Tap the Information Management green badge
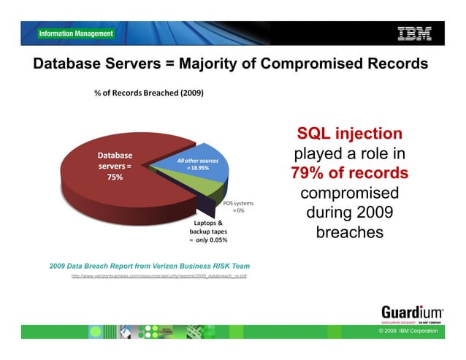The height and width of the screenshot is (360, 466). point(76,34)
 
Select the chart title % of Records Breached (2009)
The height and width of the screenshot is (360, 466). point(148,93)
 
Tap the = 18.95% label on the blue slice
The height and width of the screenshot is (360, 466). point(198,168)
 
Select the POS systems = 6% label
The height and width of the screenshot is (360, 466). point(238,206)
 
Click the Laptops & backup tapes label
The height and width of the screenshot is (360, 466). point(209,226)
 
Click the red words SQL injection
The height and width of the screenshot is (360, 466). point(349,134)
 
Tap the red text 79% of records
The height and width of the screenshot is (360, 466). point(349,175)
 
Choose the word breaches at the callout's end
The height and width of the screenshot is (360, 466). point(349,233)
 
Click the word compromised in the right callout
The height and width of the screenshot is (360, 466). point(349,194)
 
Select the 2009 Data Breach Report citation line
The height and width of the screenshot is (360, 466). point(149,266)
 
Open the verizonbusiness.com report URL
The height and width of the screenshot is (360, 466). point(158,277)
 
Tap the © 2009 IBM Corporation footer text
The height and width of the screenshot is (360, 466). point(409,332)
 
